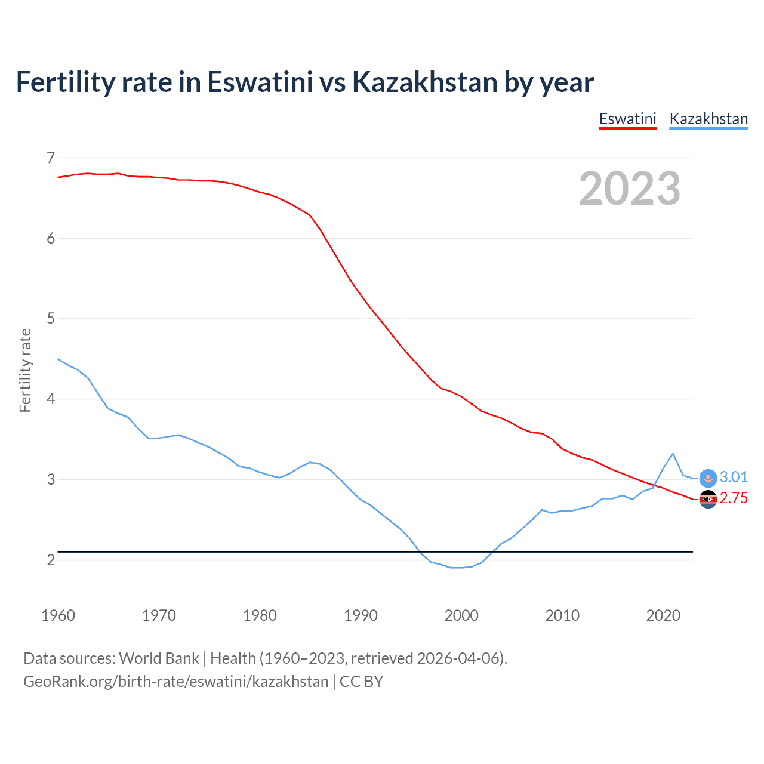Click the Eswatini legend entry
627,119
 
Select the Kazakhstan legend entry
708,119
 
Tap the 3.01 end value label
734,477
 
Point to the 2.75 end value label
734,498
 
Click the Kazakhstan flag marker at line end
708,478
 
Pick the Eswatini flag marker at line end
708,499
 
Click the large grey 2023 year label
629,189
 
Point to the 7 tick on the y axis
51,158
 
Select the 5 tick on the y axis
51,318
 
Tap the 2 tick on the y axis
51,560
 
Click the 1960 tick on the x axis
58,615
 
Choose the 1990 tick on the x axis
361,615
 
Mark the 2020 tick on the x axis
663,615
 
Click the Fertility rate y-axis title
25,370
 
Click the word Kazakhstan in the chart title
424,82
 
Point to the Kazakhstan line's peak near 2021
673,454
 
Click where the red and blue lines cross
655,486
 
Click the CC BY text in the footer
361,682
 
